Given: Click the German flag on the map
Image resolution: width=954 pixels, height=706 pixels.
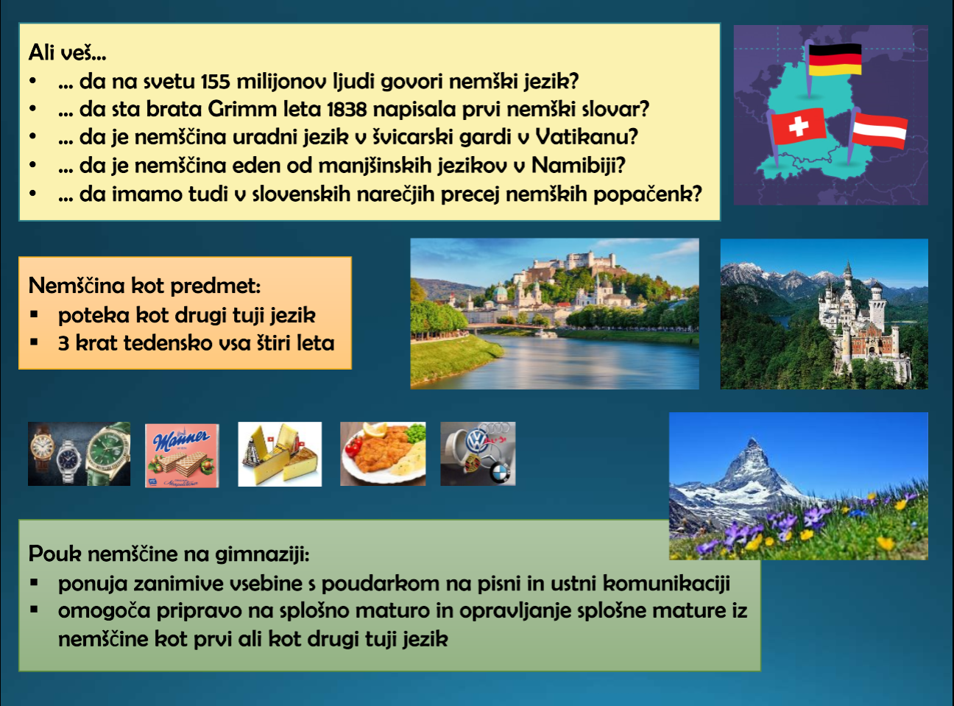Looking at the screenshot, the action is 835,60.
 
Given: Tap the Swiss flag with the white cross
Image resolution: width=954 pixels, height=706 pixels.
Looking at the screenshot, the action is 798,127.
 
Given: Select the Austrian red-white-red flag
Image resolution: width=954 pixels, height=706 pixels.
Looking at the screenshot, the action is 879,130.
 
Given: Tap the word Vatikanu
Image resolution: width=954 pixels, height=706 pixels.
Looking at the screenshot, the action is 586,137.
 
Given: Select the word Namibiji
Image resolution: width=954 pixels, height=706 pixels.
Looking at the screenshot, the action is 578,166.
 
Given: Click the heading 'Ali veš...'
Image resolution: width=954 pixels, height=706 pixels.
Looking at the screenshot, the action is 67,53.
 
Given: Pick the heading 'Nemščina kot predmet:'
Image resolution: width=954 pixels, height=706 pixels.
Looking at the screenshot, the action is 144,286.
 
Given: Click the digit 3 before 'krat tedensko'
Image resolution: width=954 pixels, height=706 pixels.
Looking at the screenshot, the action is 63,343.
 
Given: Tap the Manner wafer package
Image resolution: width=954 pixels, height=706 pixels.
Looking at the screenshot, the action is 182,455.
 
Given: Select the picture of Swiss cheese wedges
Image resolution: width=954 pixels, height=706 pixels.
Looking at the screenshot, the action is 280,454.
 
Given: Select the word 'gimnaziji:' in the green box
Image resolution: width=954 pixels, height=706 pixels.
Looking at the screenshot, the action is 262,554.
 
